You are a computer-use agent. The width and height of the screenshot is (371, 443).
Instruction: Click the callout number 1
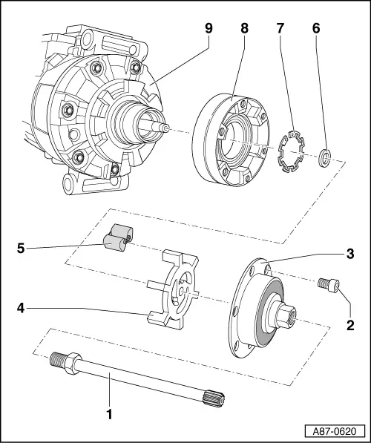(109, 415)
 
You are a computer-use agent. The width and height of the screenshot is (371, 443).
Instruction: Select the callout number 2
(350, 324)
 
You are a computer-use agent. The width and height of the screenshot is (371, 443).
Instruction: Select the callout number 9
(209, 31)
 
